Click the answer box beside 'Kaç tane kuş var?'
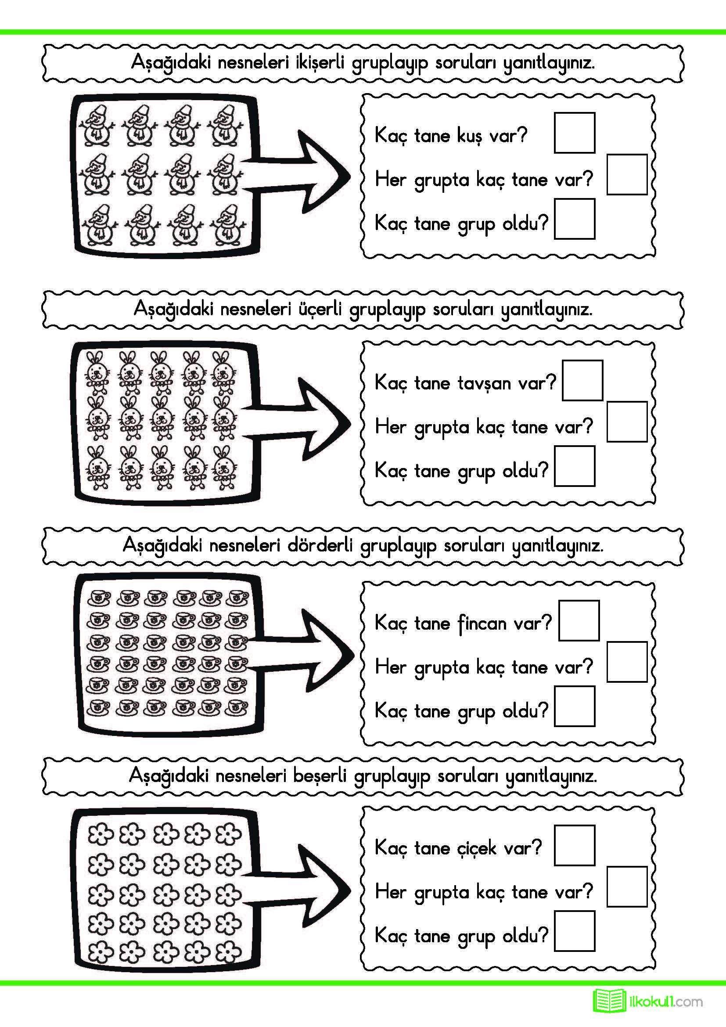point(574,133)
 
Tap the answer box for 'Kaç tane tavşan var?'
point(582,380)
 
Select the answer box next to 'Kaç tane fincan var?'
point(579,620)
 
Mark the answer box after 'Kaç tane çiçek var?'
point(574,845)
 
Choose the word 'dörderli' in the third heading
point(320,545)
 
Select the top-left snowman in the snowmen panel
point(97,126)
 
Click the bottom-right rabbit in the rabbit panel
point(224,468)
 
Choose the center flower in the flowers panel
point(165,894)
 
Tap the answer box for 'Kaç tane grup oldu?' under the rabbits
point(574,465)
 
